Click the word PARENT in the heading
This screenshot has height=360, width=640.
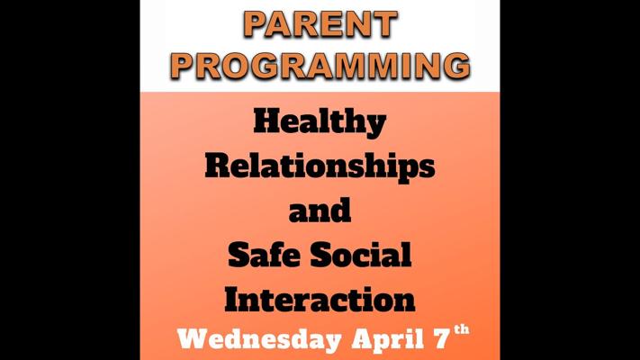(320, 24)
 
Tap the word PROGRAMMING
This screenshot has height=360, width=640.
(320, 66)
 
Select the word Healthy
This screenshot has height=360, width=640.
(320, 122)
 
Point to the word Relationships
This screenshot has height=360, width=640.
(320, 166)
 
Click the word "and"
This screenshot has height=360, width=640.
(320, 210)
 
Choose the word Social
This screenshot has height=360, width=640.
(360, 255)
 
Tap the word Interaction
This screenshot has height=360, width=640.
(320, 299)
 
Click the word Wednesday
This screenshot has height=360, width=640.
(259, 339)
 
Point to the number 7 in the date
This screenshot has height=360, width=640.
(442, 339)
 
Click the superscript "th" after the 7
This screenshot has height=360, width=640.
(462, 329)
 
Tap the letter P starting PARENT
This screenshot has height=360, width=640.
(255, 24)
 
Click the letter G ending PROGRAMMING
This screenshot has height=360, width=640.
(455, 66)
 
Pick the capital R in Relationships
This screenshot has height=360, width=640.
(219, 166)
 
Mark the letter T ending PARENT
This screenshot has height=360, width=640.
(384, 24)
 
